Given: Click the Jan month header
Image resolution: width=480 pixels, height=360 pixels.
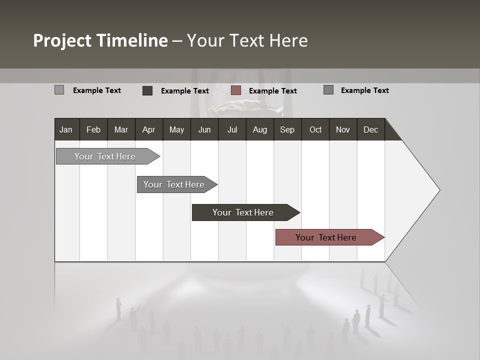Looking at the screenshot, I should [x=66, y=129].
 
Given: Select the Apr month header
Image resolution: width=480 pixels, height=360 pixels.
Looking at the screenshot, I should [x=148, y=129].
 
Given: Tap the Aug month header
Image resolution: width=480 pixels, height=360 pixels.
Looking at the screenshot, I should [x=259, y=129].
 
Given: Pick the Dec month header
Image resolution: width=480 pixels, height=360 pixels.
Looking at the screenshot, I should [x=370, y=129].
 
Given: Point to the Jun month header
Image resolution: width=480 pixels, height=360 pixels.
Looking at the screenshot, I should [x=204, y=129].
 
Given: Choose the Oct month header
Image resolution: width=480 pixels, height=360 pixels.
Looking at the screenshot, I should [x=315, y=129].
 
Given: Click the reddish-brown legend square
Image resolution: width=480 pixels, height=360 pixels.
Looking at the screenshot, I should [x=236, y=90].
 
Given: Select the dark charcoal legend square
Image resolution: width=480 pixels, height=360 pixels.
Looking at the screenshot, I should [x=147, y=90].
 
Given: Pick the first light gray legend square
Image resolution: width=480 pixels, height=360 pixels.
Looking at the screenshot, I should [x=59, y=90].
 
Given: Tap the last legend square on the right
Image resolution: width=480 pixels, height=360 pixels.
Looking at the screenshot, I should [x=328, y=90].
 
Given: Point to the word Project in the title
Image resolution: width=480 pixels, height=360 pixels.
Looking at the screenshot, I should [x=62, y=40].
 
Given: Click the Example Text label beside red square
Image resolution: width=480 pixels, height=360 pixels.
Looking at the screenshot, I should [x=272, y=91].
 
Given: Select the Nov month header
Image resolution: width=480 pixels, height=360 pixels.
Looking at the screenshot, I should [x=342, y=129].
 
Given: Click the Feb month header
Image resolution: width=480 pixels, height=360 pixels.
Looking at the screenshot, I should [x=93, y=129].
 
